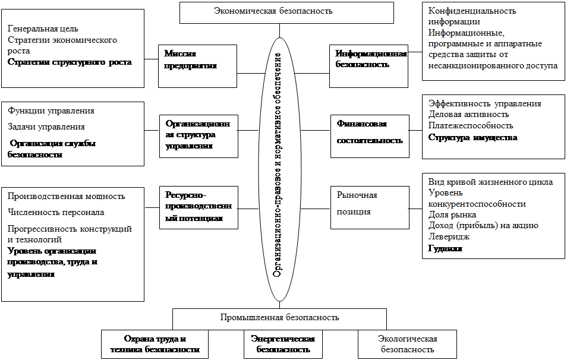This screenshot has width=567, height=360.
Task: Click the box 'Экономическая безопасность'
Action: (286, 11)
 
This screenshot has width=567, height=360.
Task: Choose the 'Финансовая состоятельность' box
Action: (369, 136)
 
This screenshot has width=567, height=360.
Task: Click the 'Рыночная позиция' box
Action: (369, 207)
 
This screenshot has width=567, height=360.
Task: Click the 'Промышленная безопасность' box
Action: (279, 317)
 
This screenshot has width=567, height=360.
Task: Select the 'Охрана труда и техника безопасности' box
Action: (155, 344)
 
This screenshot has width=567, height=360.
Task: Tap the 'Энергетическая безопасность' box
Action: (282, 344)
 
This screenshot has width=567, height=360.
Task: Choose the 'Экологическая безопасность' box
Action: (407, 344)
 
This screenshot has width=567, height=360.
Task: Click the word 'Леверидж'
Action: (449, 237)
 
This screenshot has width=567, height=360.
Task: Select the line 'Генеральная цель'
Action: (43, 29)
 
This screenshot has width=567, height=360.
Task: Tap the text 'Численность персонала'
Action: (56, 212)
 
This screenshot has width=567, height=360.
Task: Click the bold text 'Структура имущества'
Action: (472, 137)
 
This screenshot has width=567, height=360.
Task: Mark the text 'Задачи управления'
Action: (46, 127)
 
